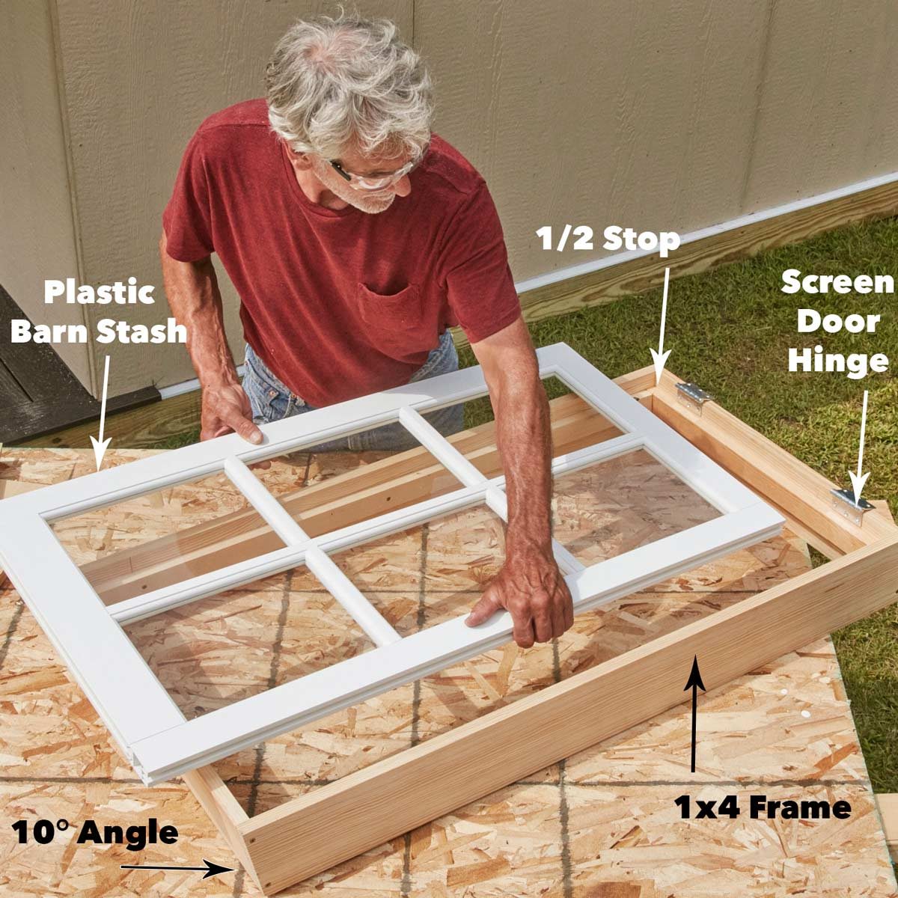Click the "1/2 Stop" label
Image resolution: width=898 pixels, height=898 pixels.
pos(608,239)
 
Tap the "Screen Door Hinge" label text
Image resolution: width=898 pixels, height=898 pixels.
pos(837,321)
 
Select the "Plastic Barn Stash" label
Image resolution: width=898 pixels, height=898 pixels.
pos(99,312)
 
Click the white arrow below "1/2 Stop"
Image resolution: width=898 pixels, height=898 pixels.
pos(662,325)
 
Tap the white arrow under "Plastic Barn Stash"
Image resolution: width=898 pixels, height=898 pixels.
pos(103,413)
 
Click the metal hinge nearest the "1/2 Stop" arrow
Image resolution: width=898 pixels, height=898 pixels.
pos(693,397)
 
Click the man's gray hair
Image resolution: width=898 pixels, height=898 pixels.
pos(349,84)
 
